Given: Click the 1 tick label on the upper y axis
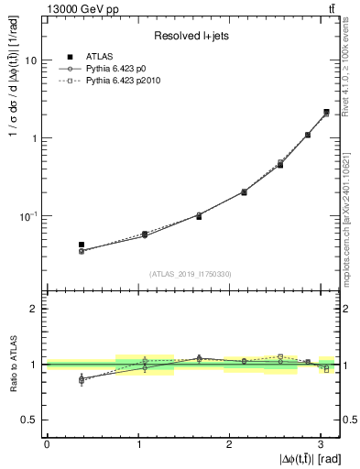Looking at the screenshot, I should tap(36, 138).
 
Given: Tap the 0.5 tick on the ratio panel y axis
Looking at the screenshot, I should tap(33, 420).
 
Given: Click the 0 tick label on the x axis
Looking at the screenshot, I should tap(47, 443).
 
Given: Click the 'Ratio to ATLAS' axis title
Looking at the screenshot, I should tap(12, 364).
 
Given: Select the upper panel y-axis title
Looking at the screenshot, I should tap(12, 137).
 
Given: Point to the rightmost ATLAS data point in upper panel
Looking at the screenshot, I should tap(326, 113).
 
